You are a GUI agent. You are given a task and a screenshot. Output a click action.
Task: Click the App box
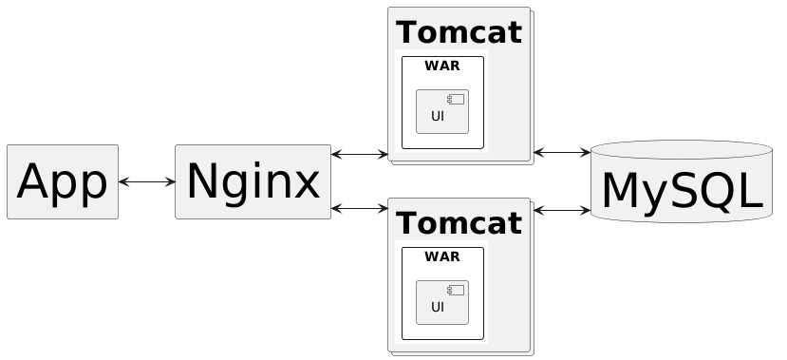(x=63, y=181)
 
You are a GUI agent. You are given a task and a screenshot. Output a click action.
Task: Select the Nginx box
(x=253, y=181)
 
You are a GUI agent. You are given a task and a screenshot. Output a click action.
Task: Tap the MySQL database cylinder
(x=682, y=181)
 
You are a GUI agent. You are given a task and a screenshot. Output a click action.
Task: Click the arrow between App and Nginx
(x=146, y=181)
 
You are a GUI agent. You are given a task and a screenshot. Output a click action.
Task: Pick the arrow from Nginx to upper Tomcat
(x=360, y=154)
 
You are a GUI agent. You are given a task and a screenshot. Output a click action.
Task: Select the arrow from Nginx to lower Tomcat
(x=360, y=208)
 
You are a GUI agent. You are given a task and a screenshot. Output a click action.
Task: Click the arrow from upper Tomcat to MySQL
(x=562, y=152)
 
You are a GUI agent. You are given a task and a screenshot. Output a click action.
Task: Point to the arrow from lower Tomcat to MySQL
(x=562, y=211)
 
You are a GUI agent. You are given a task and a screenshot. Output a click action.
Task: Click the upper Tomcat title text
(x=459, y=32)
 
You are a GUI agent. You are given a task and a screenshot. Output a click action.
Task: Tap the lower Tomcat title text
(x=459, y=223)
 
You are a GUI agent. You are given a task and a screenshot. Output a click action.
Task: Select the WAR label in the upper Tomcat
(x=442, y=66)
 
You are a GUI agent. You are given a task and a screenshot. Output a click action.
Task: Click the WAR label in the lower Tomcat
(x=442, y=256)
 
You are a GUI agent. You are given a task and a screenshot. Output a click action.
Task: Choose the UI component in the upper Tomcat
(x=442, y=111)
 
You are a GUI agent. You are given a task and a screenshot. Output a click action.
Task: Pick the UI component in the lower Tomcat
(x=442, y=302)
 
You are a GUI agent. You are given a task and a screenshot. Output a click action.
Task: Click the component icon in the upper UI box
(x=456, y=100)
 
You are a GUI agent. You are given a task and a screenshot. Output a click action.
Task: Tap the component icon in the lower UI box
(x=456, y=291)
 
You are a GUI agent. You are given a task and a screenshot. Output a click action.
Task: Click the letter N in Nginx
(x=202, y=181)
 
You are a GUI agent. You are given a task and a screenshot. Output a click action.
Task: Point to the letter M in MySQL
(x=623, y=190)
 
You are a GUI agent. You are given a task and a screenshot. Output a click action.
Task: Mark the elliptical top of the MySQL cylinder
(x=682, y=150)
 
